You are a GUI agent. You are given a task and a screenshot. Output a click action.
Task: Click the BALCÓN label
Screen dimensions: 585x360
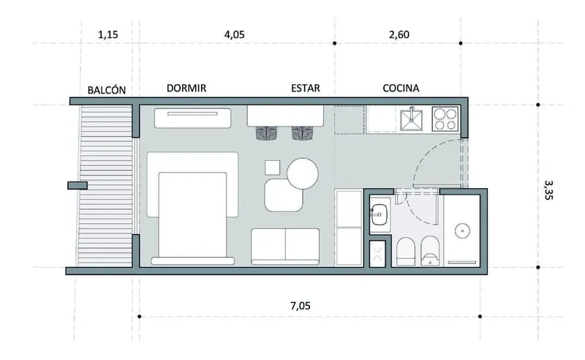[x=106, y=90]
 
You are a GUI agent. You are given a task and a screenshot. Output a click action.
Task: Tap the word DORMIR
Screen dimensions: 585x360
[x=186, y=88]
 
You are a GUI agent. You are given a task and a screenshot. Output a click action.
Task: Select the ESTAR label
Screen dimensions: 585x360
[x=306, y=88]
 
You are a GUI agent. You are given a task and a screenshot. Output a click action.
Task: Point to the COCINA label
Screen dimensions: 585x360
[x=401, y=88]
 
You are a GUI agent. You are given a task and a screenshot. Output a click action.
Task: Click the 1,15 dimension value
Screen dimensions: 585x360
[x=107, y=34]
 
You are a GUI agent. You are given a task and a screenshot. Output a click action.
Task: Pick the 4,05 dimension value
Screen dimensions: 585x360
[x=234, y=34]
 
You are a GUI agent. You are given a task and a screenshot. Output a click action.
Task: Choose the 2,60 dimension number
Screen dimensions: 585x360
[x=399, y=34]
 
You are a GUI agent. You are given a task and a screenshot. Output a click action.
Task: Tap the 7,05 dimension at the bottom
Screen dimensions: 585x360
[x=301, y=306]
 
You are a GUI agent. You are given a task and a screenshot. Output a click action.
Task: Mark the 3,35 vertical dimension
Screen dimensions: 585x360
[x=548, y=190]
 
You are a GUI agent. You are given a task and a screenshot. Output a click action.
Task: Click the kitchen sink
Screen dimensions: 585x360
[x=412, y=119]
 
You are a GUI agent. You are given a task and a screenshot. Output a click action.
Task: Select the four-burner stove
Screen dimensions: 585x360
[x=445, y=119]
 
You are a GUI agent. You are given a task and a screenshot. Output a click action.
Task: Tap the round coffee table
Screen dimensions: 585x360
[x=303, y=173]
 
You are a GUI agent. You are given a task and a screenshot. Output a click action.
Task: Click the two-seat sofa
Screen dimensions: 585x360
[x=285, y=247]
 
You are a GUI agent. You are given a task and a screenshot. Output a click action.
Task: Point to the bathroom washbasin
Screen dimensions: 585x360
[x=380, y=214]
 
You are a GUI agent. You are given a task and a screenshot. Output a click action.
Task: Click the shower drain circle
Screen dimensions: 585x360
[x=463, y=230]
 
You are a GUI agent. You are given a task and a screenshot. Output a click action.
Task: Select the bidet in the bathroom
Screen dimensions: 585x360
[x=429, y=252]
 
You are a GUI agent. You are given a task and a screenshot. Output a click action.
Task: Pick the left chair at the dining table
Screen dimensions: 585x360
[x=267, y=133]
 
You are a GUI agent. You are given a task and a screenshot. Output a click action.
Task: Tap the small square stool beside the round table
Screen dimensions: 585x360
[x=272, y=168]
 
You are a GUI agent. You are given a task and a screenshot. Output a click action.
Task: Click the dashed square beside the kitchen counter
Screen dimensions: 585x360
[x=350, y=120]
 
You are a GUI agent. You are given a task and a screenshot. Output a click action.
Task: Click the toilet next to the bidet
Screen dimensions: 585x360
[x=406, y=252]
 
